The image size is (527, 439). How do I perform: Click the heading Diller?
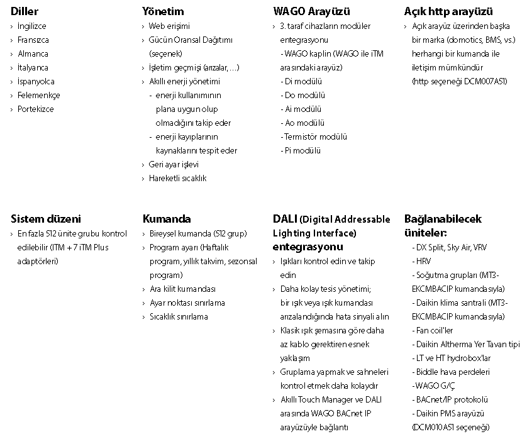[x=25, y=11]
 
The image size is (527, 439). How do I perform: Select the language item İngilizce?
[x=31, y=26]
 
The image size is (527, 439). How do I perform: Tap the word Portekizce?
[x=35, y=109]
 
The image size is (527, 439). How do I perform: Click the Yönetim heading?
[x=163, y=11]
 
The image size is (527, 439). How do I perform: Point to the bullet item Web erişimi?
[x=169, y=26]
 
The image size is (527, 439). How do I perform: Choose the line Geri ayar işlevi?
[x=174, y=165]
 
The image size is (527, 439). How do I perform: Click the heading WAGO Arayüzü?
[x=311, y=11]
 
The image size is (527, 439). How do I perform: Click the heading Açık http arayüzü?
[x=448, y=11]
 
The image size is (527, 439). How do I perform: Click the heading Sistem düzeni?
[x=46, y=219]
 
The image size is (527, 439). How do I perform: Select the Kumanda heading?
[x=167, y=219]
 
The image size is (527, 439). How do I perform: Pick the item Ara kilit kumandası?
[x=182, y=289]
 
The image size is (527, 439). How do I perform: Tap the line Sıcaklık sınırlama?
[x=179, y=317]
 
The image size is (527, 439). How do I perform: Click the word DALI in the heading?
[x=285, y=219]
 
